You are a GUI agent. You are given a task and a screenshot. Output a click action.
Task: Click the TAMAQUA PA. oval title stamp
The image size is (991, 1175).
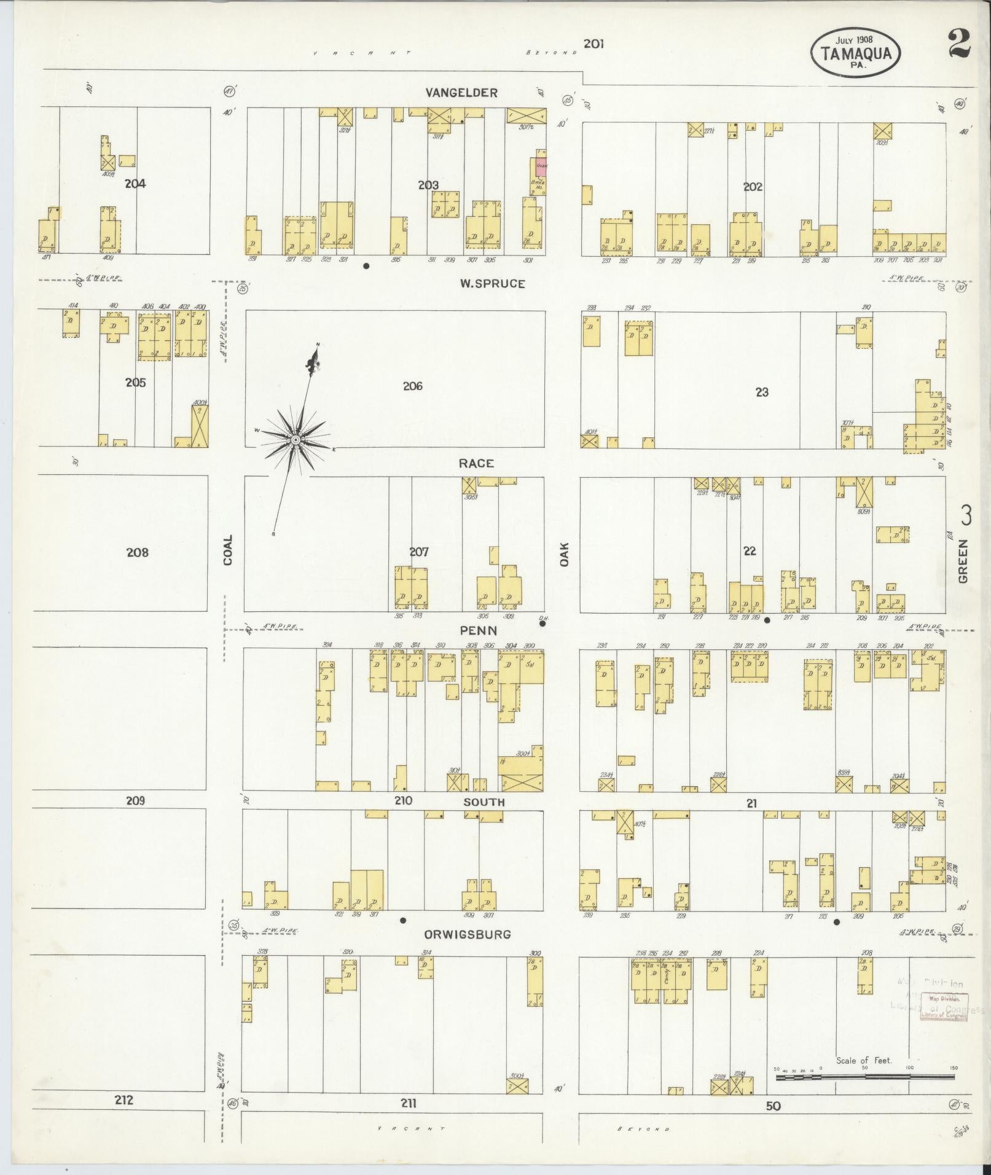click(855, 53)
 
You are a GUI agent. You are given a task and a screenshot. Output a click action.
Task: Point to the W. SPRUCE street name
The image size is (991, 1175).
click(492, 284)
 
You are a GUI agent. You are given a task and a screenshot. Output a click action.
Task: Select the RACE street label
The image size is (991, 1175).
click(476, 463)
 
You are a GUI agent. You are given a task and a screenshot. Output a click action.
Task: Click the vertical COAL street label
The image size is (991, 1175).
click(228, 550)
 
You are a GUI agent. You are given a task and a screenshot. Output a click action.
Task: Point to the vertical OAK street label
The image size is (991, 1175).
click(564, 553)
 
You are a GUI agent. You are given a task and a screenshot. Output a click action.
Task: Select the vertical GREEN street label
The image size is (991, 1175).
click(962, 561)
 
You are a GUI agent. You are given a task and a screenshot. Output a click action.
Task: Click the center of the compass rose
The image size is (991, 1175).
click(296, 440)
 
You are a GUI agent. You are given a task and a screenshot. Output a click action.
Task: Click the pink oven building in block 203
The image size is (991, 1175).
click(541, 164)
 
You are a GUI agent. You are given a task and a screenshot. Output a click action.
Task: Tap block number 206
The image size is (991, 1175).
click(412, 386)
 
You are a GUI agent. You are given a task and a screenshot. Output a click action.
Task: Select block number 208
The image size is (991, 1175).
click(137, 552)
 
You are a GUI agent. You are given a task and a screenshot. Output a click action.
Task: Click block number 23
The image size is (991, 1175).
click(762, 392)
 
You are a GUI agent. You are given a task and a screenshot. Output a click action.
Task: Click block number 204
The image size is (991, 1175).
click(135, 183)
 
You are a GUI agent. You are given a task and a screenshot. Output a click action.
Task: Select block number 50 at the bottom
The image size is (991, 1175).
click(773, 1106)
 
